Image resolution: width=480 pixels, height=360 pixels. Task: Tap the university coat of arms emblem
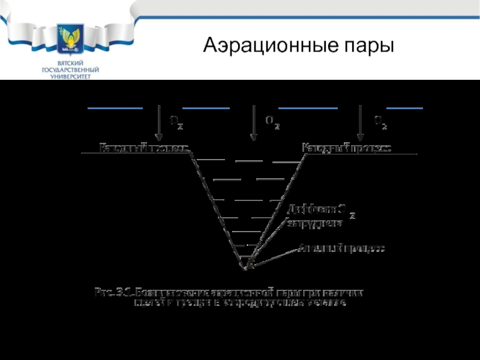point(70,40)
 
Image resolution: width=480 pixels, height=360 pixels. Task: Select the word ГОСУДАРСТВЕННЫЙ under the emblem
point(70,70)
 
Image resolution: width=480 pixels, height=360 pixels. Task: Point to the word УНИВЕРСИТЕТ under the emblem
point(70,77)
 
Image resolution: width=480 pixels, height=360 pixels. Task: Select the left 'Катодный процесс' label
point(144,148)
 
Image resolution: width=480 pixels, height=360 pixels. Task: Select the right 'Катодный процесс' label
point(347,148)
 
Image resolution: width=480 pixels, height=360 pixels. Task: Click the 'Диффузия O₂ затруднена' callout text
point(318,216)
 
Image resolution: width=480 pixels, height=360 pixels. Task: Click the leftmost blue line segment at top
point(115,108)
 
